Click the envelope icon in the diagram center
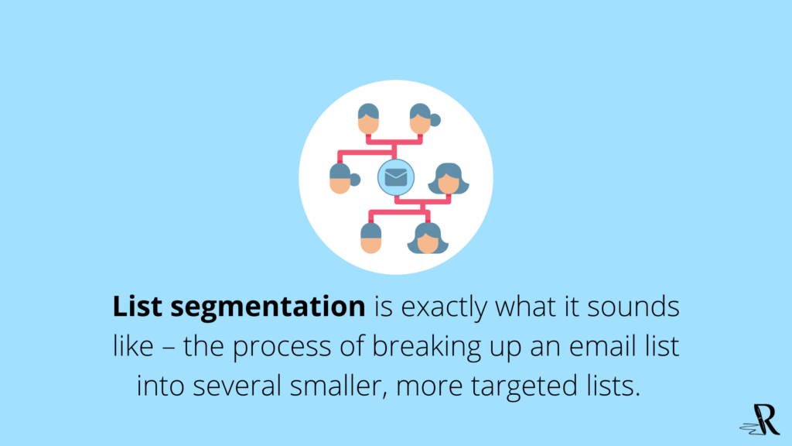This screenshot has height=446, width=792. [396, 177]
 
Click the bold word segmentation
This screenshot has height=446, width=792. [268, 307]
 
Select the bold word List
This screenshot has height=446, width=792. [138, 306]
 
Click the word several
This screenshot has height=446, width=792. [237, 386]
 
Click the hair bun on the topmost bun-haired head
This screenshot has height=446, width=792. [435, 120]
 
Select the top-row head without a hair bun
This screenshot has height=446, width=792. [368, 118]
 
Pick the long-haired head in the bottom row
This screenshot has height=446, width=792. [428, 238]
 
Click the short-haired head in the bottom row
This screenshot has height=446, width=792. [371, 238]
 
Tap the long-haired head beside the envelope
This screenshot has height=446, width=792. [449, 179]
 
